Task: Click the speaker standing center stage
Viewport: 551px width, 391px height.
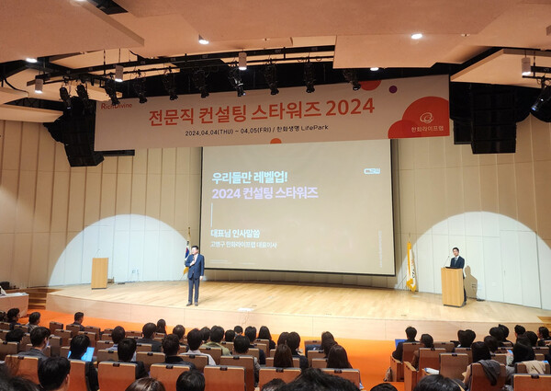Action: click(x=194, y=273)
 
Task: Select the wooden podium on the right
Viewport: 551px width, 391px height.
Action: click(x=453, y=286)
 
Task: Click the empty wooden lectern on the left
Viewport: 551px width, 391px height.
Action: click(x=99, y=272)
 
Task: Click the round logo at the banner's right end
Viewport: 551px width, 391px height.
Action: click(x=426, y=118)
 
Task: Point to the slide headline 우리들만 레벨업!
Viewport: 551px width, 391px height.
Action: click(x=249, y=177)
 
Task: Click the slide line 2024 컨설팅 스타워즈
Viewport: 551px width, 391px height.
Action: click(x=264, y=192)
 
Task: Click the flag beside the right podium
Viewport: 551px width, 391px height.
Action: click(x=411, y=267)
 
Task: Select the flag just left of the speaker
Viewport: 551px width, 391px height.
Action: click(x=186, y=253)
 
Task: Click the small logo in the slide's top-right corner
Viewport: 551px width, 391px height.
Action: click(x=371, y=170)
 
